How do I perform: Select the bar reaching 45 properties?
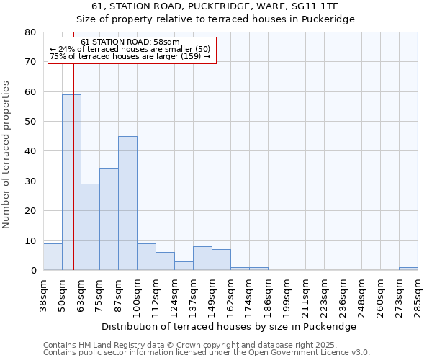click(x=127, y=203)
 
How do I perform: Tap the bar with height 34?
click(x=109, y=220)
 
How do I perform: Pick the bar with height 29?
click(x=90, y=227)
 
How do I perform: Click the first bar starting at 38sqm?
click(x=53, y=257)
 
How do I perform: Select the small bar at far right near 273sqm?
click(x=408, y=269)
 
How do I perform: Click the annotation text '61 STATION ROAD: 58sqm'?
click(x=130, y=42)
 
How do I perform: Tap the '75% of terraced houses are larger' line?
click(x=130, y=56)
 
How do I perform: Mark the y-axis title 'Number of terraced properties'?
click(x=6, y=155)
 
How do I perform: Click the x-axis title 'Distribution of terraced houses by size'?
click(x=229, y=326)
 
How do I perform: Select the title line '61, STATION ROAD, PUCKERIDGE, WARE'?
click(x=215, y=6)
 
